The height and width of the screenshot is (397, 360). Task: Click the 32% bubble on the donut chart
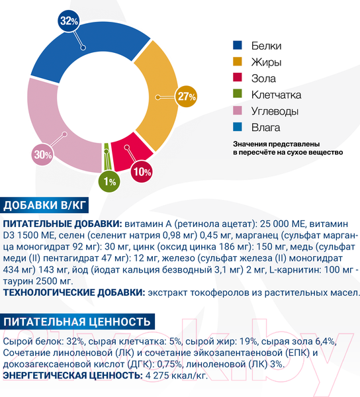coord(69,21)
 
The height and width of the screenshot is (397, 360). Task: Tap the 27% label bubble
coord(187,96)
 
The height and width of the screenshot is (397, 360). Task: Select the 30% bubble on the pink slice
coord(42,155)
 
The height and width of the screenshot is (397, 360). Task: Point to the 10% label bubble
coord(142,171)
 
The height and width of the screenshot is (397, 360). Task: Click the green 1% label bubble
coord(110,181)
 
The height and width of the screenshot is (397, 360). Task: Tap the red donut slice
coord(126,154)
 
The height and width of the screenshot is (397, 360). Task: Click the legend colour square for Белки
coord(237,46)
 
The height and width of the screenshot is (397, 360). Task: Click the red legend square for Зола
coord(237,79)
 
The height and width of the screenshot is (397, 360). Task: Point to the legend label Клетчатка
coord(277,95)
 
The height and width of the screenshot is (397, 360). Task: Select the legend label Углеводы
coord(275,110)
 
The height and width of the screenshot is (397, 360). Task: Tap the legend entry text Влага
coord(266,127)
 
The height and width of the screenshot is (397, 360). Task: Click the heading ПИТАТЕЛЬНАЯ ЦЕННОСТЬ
coord(78,322)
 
